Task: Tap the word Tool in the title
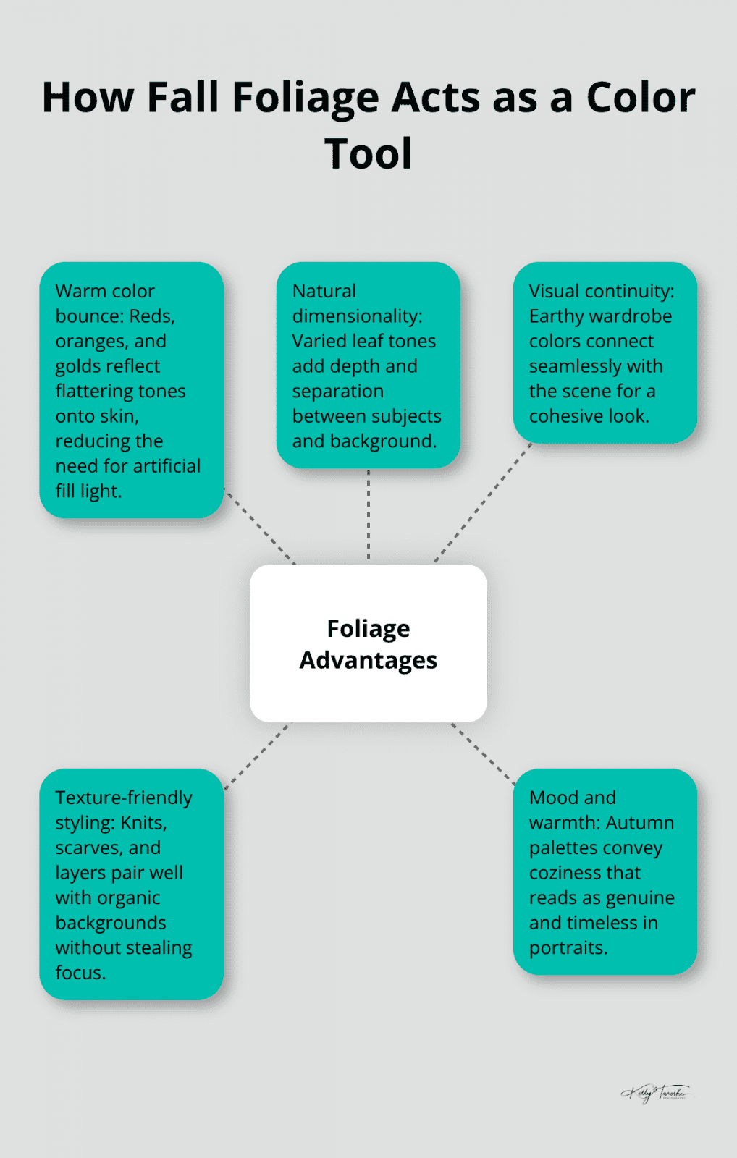tap(368, 154)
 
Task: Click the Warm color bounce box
tap(131, 390)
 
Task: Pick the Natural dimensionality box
tap(368, 365)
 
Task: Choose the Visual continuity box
tap(605, 352)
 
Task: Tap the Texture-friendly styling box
tap(131, 884)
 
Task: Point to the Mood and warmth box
tap(605, 871)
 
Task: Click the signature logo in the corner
tap(655, 1093)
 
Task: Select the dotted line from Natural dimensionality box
tap(368, 515)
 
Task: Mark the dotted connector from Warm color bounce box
tap(261, 528)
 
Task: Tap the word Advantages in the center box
tap(368, 660)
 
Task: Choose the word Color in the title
tap(640, 98)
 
